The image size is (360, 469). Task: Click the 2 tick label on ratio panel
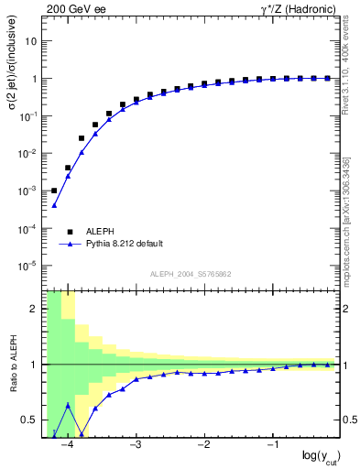[x=33, y=309]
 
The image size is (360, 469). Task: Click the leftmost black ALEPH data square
[x=54, y=191]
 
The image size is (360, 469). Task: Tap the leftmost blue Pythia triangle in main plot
[x=54, y=205]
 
